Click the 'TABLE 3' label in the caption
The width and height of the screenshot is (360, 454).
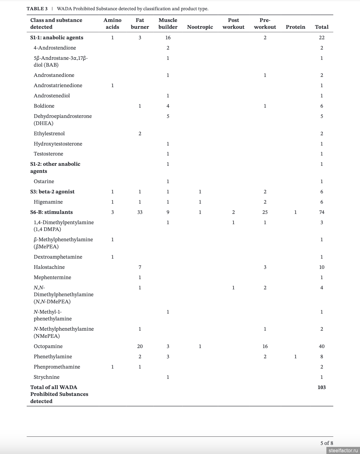(x=37, y=9)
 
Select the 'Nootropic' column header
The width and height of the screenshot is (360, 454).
(x=200, y=27)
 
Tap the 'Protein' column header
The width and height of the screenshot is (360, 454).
(x=295, y=27)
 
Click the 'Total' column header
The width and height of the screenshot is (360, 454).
(x=322, y=27)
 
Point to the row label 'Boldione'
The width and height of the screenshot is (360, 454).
(x=44, y=106)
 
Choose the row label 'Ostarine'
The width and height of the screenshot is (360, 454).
(x=44, y=181)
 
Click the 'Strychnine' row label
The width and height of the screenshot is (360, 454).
(x=46, y=377)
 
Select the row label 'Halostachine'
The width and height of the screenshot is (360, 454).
(x=49, y=267)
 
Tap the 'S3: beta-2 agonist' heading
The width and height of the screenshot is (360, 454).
(x=52, y=192)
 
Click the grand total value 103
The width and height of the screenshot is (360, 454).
(x=322, y=387)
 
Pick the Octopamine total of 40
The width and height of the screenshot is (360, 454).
(x=322, y=346)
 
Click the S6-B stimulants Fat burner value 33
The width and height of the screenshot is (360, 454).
(x=140, y=212)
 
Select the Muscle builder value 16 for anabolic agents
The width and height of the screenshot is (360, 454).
(x=168, y=38)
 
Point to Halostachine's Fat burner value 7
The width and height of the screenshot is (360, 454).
(x=140, y=267)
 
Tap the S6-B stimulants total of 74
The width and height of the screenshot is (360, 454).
(x=322, y=212)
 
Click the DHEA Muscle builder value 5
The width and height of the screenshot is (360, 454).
(x=168, y=116)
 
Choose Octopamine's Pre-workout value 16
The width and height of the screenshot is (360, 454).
(x=265, y=346)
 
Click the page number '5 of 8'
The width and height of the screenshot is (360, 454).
(x=327, y=443)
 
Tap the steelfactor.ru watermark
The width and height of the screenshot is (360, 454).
(x=343, y=451)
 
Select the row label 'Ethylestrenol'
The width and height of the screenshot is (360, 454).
(x=49, y=134)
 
